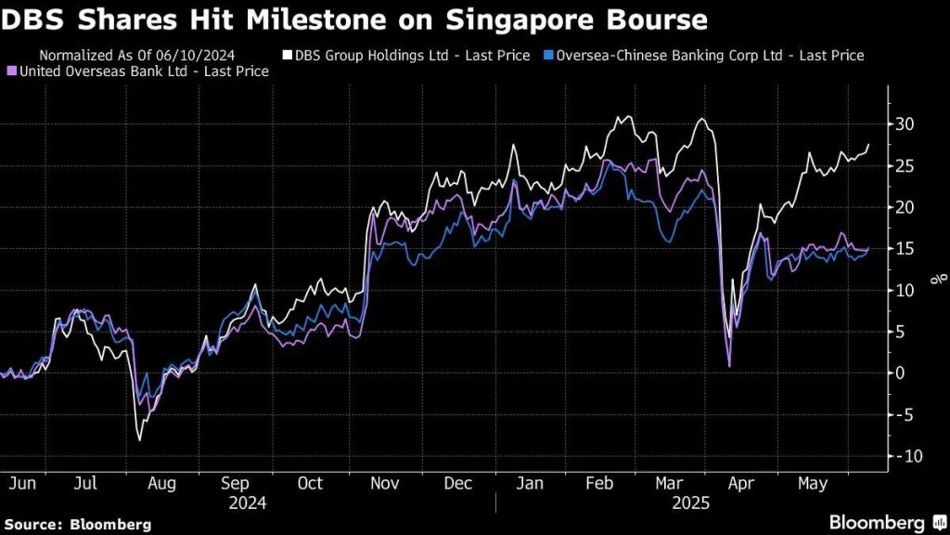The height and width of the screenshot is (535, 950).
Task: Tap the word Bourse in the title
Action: tap(649, 19)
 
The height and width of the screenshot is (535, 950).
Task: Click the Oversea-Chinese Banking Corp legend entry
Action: tap(705, 56)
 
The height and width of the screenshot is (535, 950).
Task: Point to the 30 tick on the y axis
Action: tap(904, 124)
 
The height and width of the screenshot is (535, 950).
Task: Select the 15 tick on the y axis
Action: tap(904, 249)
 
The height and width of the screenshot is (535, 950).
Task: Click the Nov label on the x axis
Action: tap(384, 484)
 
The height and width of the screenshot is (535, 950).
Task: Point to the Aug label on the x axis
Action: tap(160, 484)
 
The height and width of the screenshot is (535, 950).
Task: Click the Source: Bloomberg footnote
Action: tap(76, 525)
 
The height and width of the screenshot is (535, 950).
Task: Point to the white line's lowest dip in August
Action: tap(139, 438)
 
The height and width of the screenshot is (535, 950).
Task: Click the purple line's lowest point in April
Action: tap(730, 366)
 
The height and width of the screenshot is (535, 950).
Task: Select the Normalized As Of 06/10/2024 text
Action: tap(137, 56)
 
